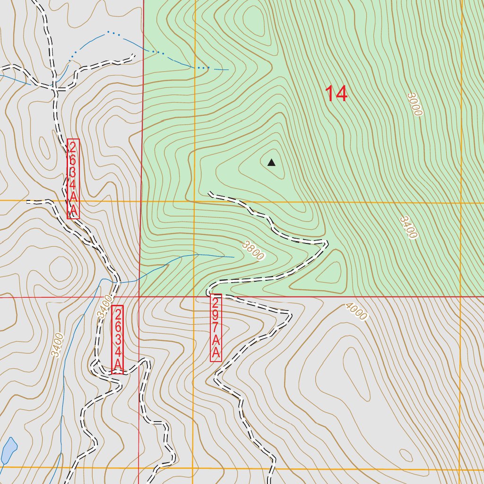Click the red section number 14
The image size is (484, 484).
336,94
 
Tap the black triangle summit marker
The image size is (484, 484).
271,163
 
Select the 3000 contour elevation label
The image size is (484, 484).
415,104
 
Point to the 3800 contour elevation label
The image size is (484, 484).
253,251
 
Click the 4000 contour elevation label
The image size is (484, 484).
356,311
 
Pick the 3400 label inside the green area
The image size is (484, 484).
408,228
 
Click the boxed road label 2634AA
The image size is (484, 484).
73,179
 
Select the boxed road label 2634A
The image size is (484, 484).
118,339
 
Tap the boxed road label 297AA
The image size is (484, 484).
216,328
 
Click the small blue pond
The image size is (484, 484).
9,451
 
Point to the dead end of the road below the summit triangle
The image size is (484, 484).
210,193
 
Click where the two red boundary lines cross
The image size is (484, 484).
139,297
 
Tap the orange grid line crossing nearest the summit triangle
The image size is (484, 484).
194,201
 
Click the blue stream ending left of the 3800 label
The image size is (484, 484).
233,257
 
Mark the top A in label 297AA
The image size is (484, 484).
216,340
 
